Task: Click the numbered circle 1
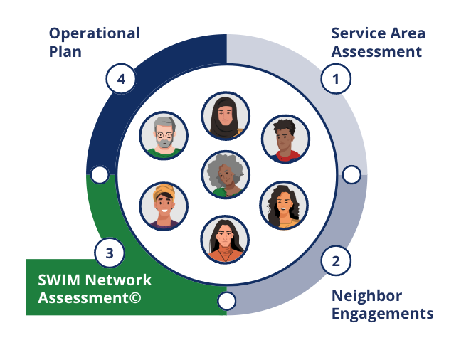point(337,79)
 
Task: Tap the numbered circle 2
point(336,260)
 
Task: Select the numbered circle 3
point(109,252)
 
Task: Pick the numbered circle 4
point(121,79)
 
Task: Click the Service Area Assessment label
point(378,43)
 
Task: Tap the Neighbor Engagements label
point(382,305)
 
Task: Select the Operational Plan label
point(94,43)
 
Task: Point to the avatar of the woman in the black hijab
point(226,115)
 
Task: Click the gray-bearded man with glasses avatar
point(164,135)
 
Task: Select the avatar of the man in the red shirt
point(285,138)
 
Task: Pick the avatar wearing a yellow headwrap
point(164,206)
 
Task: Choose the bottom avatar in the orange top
point(225,239)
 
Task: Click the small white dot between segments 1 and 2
point(351,174)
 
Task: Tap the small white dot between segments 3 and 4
point(100,174)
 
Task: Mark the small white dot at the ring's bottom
point(226,301)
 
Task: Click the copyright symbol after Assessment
point(135,297)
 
